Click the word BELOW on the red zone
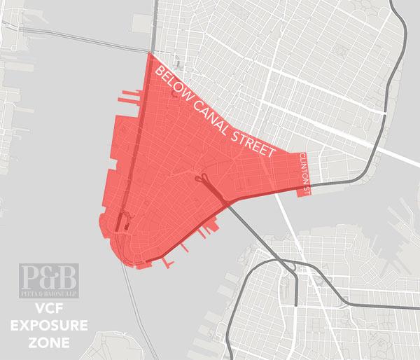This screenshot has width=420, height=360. (x=174, y=83)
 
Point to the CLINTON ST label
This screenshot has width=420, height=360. (x=305, y=170)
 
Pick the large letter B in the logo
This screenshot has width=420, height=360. (x=67, y=276)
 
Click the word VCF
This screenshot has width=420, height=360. (x=48, y=309)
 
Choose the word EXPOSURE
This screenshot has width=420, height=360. (x=49, y=326)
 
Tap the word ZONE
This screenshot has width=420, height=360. (x=48, y=344)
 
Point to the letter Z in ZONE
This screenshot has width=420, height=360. (x=32, y=344)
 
